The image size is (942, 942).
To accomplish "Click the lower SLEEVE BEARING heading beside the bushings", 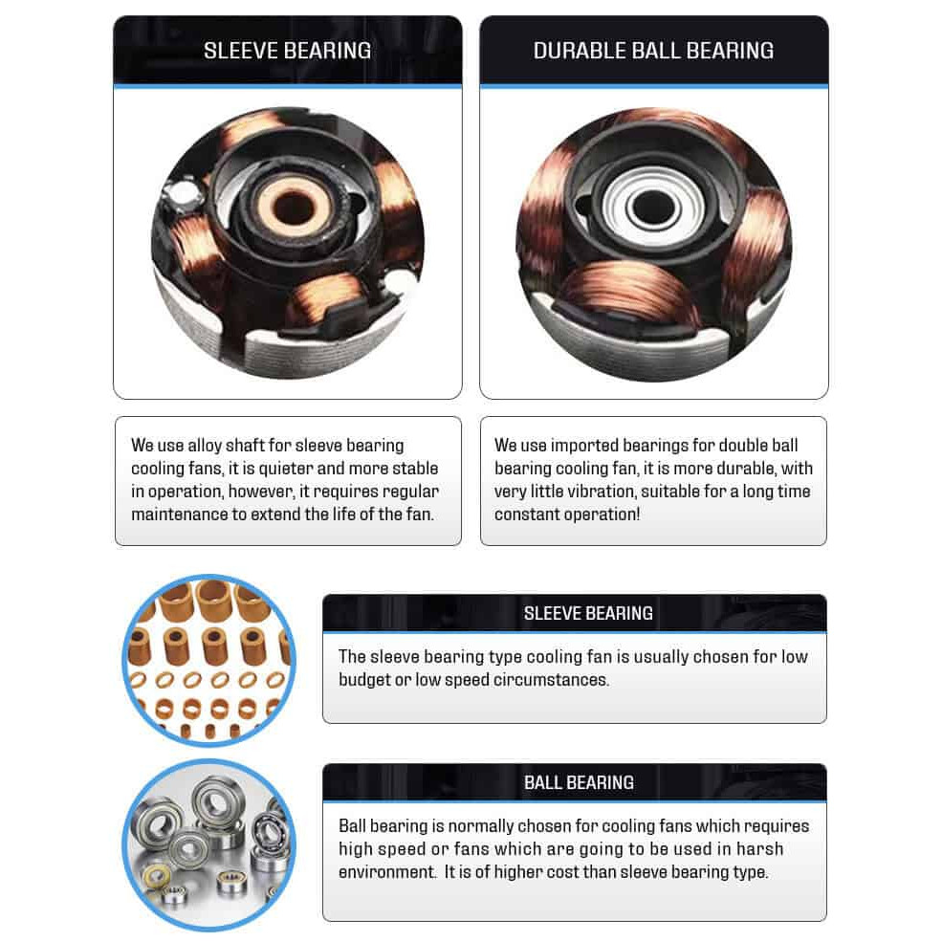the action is pos(588,613).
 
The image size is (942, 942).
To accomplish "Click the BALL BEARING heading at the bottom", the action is pos(579,783).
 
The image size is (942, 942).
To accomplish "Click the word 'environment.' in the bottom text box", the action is pos(387,872).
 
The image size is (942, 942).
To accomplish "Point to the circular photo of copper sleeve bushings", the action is pos(208,660).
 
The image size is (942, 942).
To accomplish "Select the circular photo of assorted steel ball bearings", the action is pos(208,844).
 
